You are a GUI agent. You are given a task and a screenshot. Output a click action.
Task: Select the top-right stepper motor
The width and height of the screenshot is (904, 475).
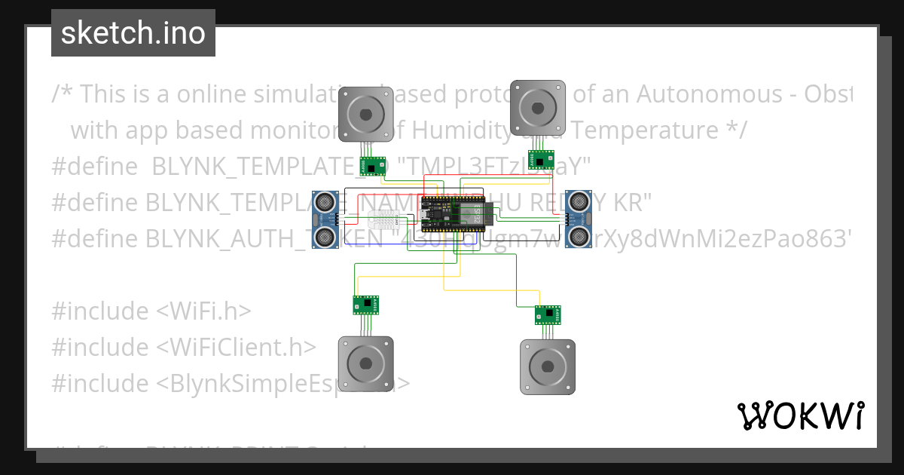(538, 108)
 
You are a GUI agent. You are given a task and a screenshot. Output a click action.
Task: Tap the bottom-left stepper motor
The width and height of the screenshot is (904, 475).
(365, 364)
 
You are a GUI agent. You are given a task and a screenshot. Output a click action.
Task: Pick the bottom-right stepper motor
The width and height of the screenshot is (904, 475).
(548, 366)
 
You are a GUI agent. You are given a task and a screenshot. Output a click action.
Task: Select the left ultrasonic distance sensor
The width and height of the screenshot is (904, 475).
(325, 219)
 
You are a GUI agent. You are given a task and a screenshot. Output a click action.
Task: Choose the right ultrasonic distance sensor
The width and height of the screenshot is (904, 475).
(579, 219)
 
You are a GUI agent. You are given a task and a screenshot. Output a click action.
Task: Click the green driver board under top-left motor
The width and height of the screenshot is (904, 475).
(372, 166)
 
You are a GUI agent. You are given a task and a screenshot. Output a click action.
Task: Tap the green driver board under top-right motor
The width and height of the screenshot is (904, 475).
(541, 160)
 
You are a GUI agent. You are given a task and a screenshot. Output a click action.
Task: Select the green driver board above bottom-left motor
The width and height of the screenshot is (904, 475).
(366, 305)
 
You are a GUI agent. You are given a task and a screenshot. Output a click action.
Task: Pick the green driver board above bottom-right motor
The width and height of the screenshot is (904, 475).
(548, 314)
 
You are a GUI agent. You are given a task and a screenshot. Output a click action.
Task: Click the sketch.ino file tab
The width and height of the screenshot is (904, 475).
(133, 33)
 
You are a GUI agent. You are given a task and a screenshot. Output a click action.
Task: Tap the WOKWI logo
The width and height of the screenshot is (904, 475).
(800, 415)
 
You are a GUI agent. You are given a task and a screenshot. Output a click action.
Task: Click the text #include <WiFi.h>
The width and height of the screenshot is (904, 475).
(151, 311)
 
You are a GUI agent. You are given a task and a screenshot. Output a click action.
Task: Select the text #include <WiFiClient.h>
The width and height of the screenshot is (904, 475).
(184, 347)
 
